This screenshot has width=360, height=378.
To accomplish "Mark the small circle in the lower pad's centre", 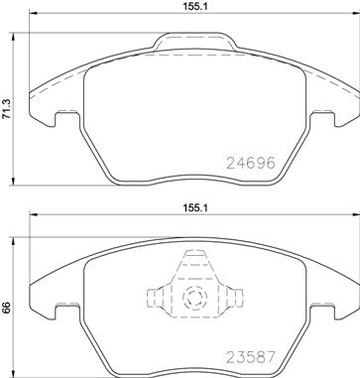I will pos(192,296).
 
